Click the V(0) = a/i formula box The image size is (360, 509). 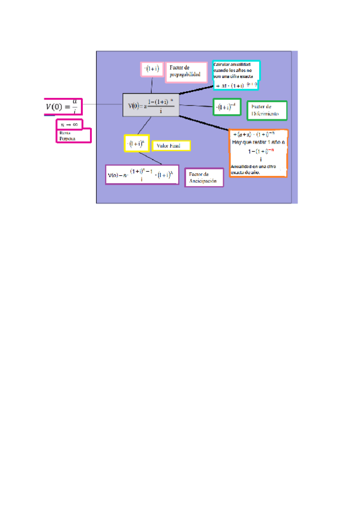pyautogui.click(x=62, y=106)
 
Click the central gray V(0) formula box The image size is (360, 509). pyautogui.click(x=150, y=105)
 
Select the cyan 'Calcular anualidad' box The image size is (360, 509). pyautogui.click(x=236, y=76)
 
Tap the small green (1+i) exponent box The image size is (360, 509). pyautogui.click(x=227, y=107)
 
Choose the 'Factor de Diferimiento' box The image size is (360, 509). pyautogui.click(x=266, y=110)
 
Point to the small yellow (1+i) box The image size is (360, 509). pyautogui.click(x=136, y=143)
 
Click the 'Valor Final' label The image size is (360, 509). pyautogui.click(x=171, y=145)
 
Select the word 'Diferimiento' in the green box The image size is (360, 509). pyautogui.click(x=266, y=113)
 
